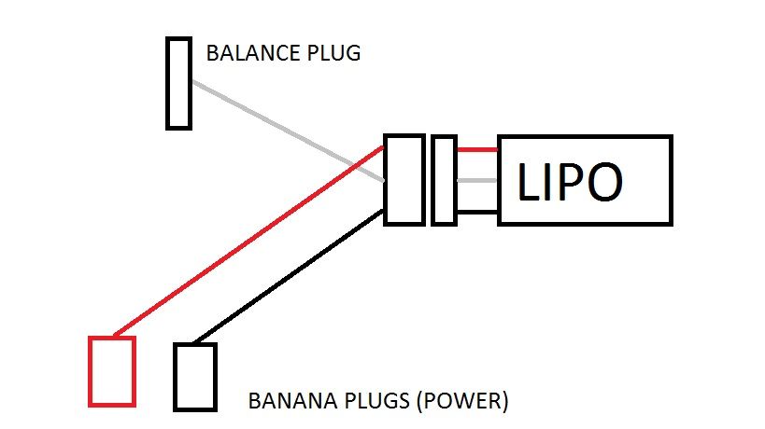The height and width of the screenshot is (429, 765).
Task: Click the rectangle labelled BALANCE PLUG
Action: point(178,82)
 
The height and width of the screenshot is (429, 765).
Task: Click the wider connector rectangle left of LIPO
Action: point(404,179)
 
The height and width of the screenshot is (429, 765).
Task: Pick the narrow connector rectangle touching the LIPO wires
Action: point(444,180)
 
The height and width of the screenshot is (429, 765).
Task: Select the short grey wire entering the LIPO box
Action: point(477,182)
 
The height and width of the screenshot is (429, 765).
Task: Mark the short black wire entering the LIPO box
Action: point(477,213)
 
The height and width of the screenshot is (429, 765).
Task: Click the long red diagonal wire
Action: point(248,242)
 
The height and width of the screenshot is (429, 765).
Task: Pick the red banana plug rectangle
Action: point(112,371)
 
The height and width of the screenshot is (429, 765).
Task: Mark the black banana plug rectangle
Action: point(194,377)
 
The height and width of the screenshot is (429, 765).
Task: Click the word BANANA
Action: point(288,402)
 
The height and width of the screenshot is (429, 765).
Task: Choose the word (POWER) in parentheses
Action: point(461,402)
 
